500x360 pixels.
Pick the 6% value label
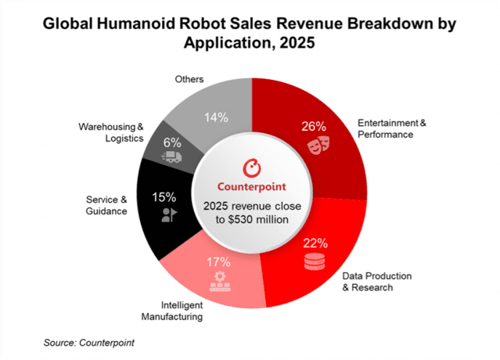coord(173,143)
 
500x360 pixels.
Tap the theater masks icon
coord(315,146)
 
